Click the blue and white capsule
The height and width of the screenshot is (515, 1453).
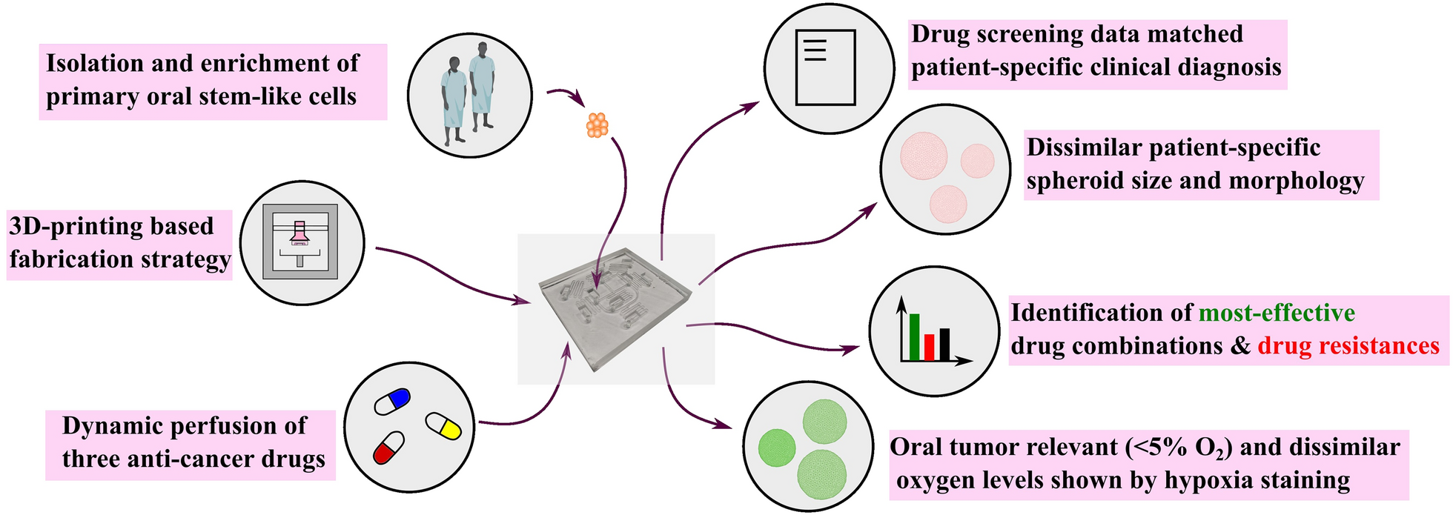[392, 401]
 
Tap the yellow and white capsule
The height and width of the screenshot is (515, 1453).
[443, 425]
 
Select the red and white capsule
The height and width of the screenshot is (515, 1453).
[388, 447]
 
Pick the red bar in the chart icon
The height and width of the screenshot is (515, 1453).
[929, 347]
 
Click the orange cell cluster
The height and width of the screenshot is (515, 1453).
[597, 124]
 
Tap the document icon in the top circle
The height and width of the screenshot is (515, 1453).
[824, 67]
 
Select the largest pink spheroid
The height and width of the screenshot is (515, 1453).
[924, 156]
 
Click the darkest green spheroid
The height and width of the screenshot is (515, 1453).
[776, 448]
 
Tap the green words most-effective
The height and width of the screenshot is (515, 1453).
[1277, 313]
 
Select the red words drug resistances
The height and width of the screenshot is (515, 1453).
[1348, 346]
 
